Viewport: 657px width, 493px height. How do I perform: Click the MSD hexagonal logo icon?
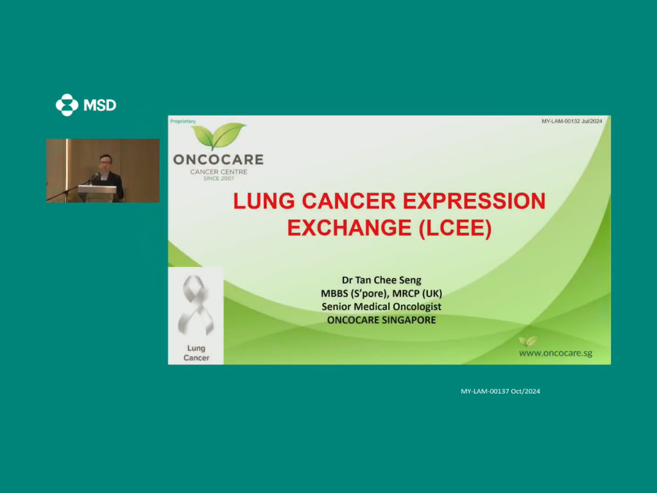point(67,105)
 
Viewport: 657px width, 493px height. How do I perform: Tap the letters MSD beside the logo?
point(99,105)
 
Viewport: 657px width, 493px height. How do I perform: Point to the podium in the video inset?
point(98,193)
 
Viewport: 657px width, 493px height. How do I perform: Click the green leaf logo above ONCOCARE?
point(218,136)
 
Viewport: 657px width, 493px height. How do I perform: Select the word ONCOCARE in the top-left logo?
point(218,159)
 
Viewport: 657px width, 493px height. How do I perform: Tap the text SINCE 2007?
point(219,178)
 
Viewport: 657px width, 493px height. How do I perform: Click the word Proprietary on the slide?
point(183,121)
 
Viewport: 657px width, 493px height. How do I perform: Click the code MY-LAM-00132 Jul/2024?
point(572,121)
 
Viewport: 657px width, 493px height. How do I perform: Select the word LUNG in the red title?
point(264,201)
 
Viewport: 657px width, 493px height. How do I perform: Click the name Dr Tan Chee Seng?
point(381,280)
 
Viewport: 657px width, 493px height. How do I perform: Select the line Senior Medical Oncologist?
point(381,307)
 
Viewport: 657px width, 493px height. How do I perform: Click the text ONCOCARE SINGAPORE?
point(381,320)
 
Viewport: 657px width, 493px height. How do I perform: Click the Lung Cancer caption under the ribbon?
point(196,353)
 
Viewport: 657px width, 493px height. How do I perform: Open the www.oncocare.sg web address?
point(556,353)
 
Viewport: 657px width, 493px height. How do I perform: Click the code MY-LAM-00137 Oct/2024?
point(500,391)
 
